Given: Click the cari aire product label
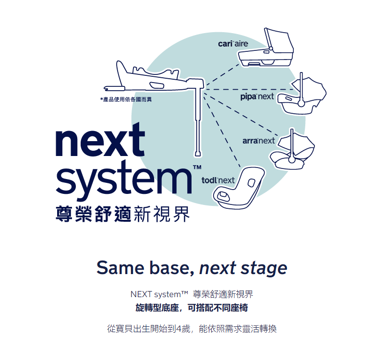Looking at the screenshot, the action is point(233,44).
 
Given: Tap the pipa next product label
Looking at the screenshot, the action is point(257,96).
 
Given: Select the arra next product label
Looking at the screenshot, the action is point(259,141).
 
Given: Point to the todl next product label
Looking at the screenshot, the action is point(218,180).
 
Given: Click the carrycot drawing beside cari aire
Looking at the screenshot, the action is point(266,48).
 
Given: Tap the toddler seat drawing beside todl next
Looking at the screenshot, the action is point(239,188).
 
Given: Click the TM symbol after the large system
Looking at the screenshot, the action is point(197,167).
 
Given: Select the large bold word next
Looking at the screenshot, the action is point(100,140).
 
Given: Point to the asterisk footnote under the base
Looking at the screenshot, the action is point(126,99).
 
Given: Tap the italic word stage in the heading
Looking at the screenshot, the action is point(264,269).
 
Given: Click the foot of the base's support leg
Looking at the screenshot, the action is point(198,154).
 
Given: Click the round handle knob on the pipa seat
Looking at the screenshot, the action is point(301,103).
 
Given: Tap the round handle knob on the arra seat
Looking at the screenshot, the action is point(292,159).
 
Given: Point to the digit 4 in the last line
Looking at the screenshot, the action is point(179,329).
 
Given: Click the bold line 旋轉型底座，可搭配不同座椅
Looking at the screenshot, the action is point(192,308).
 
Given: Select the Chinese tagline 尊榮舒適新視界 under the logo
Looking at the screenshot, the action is point(123,214).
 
